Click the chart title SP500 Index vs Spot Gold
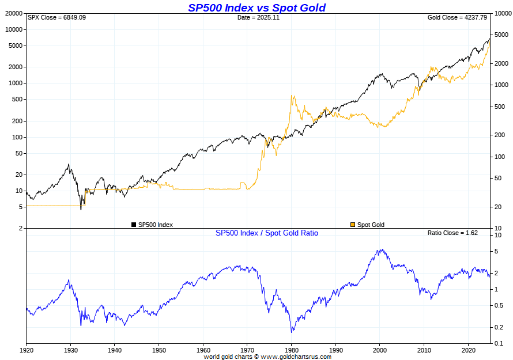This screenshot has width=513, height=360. click(256, 7)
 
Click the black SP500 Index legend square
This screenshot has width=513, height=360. click(134, 225)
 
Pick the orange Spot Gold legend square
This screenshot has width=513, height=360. click(353, 225)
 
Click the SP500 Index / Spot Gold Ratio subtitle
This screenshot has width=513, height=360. click(266, 233)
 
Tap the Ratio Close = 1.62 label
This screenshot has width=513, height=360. click(454, 233)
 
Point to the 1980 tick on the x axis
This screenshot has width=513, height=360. click(292, 350)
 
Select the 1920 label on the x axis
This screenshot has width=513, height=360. click(27, 350)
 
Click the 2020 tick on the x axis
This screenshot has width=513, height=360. click(468, 350)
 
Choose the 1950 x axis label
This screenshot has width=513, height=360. click(159, 350)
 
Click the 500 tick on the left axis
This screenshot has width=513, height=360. click(17, 99)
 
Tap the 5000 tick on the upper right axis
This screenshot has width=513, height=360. click(499, 35)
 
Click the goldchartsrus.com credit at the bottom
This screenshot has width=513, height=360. click(267, 357)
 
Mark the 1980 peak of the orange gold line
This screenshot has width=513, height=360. click(293, 96)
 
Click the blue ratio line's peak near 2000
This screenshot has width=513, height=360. click(380, 250)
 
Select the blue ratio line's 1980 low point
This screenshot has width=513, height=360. click(292, 332)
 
